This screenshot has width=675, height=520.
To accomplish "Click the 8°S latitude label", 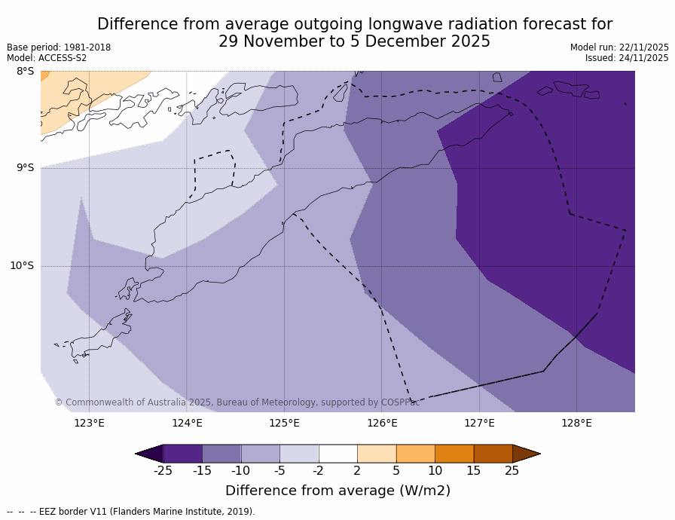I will coord(25,72).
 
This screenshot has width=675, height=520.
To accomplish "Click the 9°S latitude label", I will coord(25,168).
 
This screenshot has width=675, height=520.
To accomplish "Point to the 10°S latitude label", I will coord(22,265).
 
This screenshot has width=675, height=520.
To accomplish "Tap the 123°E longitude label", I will coord(89,423).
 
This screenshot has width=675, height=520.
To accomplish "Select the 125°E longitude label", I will coord(284,423).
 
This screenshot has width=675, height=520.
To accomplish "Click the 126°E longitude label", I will coord(382,423).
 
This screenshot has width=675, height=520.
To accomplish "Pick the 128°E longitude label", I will coord(576,423).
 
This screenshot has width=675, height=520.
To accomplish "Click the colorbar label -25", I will coord(163,471).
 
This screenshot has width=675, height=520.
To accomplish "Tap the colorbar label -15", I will coord(202,471).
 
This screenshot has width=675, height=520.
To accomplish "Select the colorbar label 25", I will coord(512,471).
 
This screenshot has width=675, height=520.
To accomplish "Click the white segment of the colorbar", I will coord(337,453).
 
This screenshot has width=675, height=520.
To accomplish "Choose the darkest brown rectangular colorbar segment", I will coord(493,453).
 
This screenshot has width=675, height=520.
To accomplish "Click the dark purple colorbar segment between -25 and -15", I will coord(182,453).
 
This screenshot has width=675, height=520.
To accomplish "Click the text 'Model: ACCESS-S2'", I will coord(47,58).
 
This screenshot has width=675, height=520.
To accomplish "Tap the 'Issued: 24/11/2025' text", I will coord(627,58).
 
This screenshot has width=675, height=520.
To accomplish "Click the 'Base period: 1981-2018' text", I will coord(59,47).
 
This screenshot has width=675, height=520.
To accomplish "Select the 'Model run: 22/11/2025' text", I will coord(619,47).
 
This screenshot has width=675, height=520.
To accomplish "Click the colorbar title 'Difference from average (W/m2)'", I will coord(337,491).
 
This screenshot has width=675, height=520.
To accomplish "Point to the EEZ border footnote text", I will coord(131,512).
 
